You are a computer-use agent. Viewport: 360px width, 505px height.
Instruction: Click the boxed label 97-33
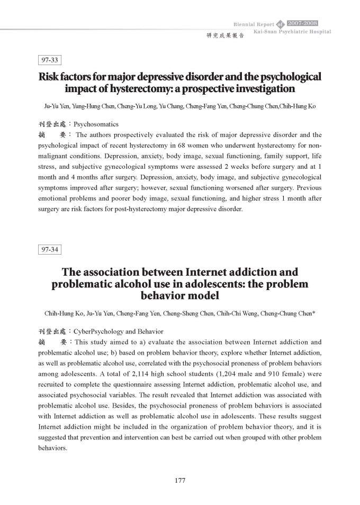click(x=51, y=60)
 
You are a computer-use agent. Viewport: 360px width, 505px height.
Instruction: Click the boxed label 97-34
click(x=51, y=249)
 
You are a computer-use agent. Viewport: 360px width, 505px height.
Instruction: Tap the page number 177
click(x=179, y=480)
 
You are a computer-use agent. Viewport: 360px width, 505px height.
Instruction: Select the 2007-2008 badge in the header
click(x=302, y=23)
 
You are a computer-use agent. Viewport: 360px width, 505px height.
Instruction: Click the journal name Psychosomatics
click(x=96, y=125)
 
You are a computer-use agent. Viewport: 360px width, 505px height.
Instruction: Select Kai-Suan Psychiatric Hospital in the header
click(x=292, y=32)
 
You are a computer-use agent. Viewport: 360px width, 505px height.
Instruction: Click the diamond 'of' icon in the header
click(x=281, y=24)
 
